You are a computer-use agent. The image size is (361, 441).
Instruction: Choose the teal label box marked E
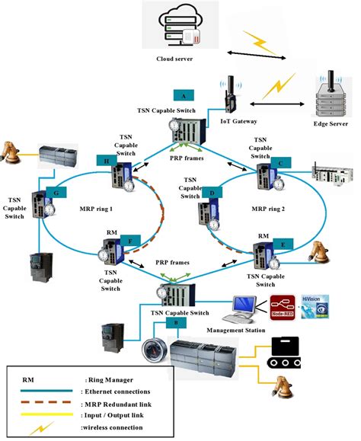[283, 244]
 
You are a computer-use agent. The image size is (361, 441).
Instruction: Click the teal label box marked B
[176, 323]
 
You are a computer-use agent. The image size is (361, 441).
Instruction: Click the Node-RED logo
[282, 305]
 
